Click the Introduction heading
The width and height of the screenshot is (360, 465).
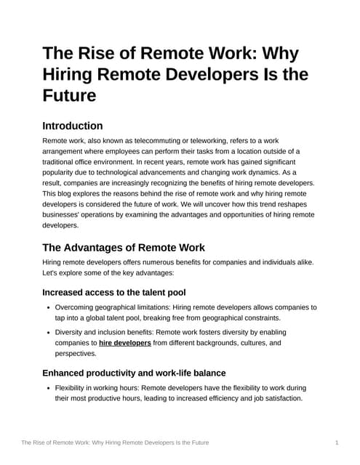(x=72, y=126)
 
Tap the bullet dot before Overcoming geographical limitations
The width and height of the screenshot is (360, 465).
(x=47, y=307)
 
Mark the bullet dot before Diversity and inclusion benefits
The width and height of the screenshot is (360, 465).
(x=47, y=331)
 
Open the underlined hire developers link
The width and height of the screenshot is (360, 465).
(x=125, y=342)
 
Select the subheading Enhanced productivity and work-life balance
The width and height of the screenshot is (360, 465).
(x=134, y=373)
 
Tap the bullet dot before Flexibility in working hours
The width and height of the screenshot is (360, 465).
(x=47, y=387)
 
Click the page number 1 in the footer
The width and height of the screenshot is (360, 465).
(x=337, y=442)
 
